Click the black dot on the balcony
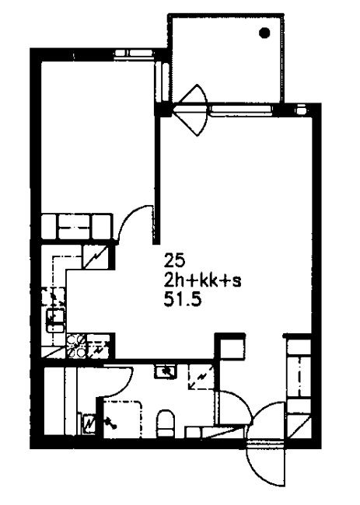coord(264,33)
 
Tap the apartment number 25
coord(174,260)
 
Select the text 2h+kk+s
coord(202,282)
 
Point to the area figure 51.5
coord(183,300)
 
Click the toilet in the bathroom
coord(166,423)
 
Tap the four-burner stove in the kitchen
coord(76,346)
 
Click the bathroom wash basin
coord(166,371)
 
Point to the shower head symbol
coord(110,423)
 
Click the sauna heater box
coord(89,423)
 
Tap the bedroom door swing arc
coord(133,217)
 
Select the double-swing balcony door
coord(191,110)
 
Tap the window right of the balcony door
coord(240,110)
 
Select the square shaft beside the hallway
coord(231,347)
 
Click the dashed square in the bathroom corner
coord(201,377)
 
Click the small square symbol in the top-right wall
coord(300,110)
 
